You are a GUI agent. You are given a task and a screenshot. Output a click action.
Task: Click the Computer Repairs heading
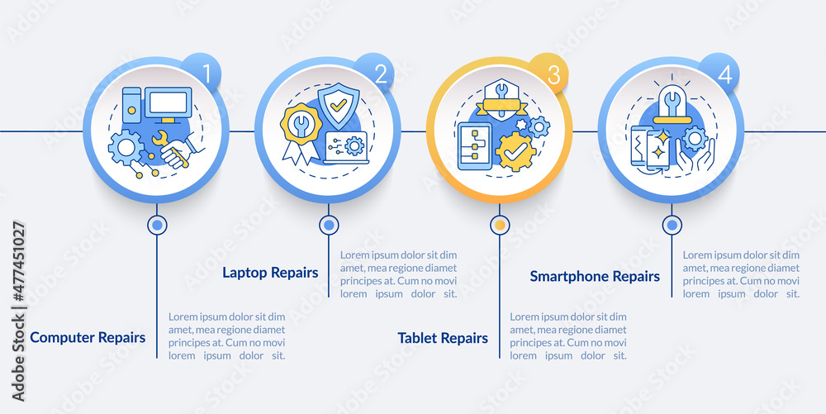pyautogui.click(x=88, y=337)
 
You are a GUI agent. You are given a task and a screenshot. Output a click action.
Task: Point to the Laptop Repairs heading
pyautogui.click(x=270, y=273)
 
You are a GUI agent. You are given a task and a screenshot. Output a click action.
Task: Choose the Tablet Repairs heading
pyautogui.click(x=443, y=338)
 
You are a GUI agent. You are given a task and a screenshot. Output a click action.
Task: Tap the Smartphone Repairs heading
pyautogui.click(x=595, y=276)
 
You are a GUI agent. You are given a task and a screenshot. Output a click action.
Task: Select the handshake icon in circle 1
pyautogui.click(x=176, y=153)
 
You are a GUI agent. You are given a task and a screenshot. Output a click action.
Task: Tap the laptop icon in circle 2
pyautogui.click(x=346, y=147)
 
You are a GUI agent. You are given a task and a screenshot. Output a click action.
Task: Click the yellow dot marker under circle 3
pyautogui.click(x=499, y=224)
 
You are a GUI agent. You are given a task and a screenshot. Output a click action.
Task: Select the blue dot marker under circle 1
pyautogui.click(x=157, y=224)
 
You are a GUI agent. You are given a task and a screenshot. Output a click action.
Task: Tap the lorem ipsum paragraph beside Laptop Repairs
pyautogui.click(x=398, y=274)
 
